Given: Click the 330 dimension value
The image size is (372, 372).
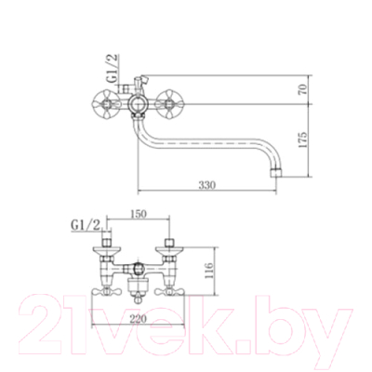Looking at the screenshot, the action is tap(206, 185).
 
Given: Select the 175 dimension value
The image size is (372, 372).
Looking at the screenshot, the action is tap(303, 139).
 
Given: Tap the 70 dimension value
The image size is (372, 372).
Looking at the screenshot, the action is tap(303, 89).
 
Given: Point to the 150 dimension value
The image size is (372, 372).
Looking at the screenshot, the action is tap(138, 214).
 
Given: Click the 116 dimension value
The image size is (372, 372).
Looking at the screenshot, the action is tap(208, 271).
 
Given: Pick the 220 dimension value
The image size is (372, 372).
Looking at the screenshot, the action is tap(138, 318).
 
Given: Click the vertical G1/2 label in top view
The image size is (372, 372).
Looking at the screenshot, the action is tap(113, 68).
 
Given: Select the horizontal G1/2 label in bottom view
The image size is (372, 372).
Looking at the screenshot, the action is tap(86, 225).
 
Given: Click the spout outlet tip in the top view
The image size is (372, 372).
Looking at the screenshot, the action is tap(276, 173).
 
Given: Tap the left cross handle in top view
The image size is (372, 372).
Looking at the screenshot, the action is tap(106, 104).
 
